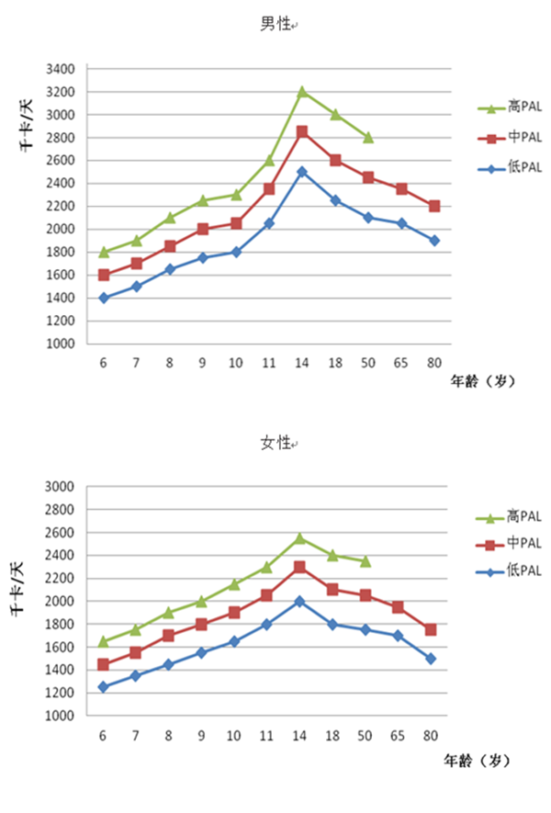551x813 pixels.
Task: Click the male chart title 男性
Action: tap(274, 25)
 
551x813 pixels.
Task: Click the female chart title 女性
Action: tap(274, 443)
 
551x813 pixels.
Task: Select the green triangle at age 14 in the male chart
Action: tap(302, 92)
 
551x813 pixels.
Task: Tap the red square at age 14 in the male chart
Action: tap(302, 132)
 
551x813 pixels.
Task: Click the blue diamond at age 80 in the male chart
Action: tap(434, 241)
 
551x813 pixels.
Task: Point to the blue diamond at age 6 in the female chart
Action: tap(104, 687)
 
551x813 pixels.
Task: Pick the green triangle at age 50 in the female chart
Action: tap(368, 560)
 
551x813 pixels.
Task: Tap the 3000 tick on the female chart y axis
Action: tap(61, 487)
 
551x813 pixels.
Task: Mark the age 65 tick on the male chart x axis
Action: tap(401, 361)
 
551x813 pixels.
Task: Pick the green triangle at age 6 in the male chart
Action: tap(104, 252)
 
